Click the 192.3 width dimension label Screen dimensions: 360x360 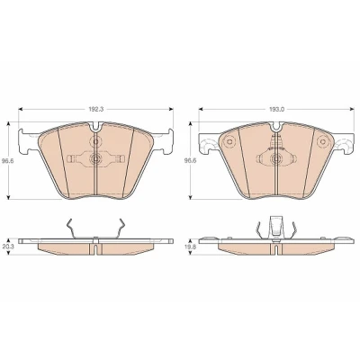96,110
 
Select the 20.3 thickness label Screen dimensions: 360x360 13,246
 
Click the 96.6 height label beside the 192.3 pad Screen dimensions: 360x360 13,160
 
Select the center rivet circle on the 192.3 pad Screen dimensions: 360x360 96,158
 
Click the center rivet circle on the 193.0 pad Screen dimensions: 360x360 276,158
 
